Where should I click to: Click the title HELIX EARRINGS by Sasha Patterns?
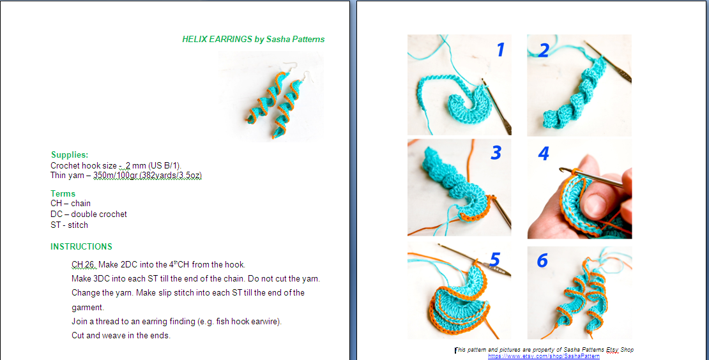pyautogui.click(x=253, y=39)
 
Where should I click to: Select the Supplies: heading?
pyautogui.click(x=70, y=155)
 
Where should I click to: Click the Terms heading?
pyautogui.click(x=63, y=193)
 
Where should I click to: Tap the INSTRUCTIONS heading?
pyautogui.click(x=81, y=247)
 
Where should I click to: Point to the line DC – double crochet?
pyautogui.click(x=89, y=214)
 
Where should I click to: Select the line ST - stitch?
pyautogui.click(x=70, y=225)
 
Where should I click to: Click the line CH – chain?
pyautogui.click(x=71, y=204)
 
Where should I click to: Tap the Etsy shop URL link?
pyautogui.click(x=544, y=356)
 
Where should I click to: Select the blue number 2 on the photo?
pyautogui.click(x=543, y=50)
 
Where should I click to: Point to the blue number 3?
pyautogui.click(x=496, y=153)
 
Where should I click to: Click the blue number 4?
pyautogui.click(x=544, y=154)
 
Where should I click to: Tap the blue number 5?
pyautogui.click(x=494, y=259)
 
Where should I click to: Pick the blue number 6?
pyautogui.click(x=542, y=260)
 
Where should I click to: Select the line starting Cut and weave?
pyautogui.click(x=121, y=336)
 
